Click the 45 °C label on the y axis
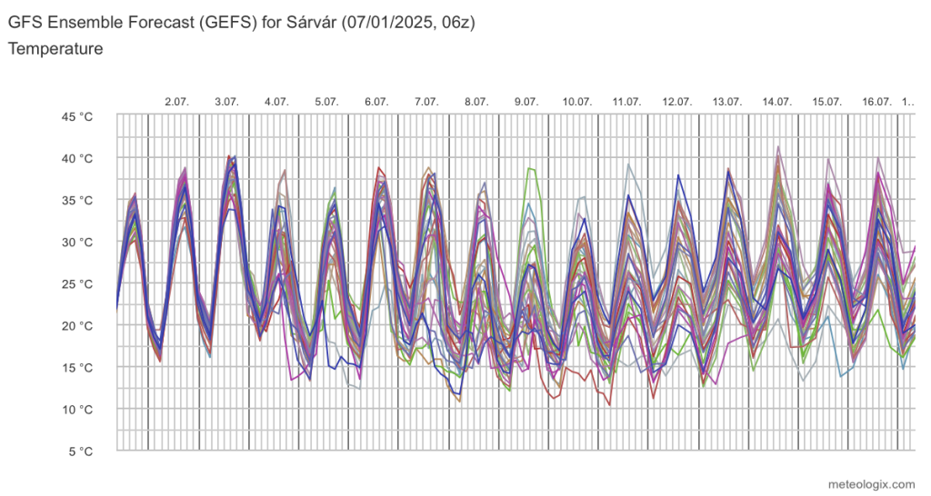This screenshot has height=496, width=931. pyautogui.click(x=78, y=116)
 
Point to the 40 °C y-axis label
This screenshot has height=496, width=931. pyautogui.click(x=78, y=158)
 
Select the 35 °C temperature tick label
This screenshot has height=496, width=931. pyautogui.click(x=78, y=200)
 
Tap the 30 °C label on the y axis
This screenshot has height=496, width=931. pyautogui.click(x=78, y=242)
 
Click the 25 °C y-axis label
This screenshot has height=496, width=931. pyautogui.click(x=78, y=283)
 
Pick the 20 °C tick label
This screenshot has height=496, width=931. pyautogui.click(x=78, y=325)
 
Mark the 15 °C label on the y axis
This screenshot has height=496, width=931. pyautogui.click(x=78, y=367)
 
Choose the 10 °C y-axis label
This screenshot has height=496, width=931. pyautogui.click(x=78, y=409)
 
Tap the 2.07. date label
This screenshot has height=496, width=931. pyautogui.click(x=176, y=102)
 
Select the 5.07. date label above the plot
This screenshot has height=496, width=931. pyautogui.click(x=326, y=102)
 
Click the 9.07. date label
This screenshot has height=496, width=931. pyautogui.click(x=526, y=102)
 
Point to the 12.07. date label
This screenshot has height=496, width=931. pyautogui.click(x=676, y=102)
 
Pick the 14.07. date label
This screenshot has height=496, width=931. pyautogui.click(x=776, y=102)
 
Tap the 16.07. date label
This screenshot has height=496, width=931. pyautogui.click(x=876, y=102)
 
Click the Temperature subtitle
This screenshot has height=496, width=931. pyautogui.click(x=55, y=49)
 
